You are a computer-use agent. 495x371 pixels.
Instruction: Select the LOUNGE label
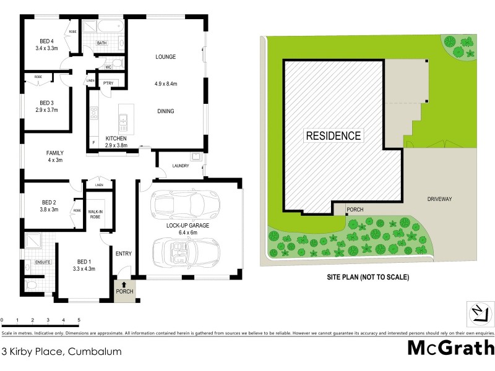point(165,57)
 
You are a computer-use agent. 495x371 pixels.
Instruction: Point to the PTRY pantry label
point(107,83)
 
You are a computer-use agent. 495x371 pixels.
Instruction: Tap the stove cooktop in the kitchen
point(95,113)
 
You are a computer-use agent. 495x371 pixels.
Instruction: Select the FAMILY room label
point(54,153)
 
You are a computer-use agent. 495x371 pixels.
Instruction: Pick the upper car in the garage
point(179,203)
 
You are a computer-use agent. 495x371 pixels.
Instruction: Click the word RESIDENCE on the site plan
point(333,135)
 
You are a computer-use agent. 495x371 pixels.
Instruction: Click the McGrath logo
point(450,348)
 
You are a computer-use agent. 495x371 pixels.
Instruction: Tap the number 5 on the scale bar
point(79,320)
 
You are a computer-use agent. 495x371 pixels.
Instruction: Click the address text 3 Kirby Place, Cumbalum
point(61,351)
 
